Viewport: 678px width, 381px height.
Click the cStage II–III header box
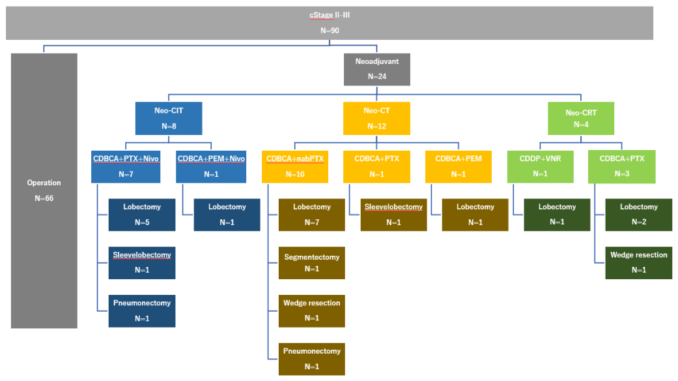click(330, 23)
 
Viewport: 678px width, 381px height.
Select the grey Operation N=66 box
click(44, 190)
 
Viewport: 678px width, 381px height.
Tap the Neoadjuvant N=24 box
click(377, 69)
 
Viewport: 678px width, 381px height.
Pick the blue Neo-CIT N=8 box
click(169, 118)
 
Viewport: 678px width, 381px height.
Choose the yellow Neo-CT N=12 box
click(376, 118)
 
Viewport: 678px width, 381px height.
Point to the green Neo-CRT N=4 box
click(581, 118)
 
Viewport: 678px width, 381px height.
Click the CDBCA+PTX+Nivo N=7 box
click(126, 167)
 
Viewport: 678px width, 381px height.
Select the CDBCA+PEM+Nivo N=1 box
click(211, 167)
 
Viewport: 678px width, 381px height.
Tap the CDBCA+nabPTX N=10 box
click(295, 167)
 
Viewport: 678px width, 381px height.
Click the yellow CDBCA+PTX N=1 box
click(376, 167)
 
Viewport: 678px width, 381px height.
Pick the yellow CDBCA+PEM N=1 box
click(459, 167)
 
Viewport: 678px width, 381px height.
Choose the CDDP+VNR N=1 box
click(541, 167)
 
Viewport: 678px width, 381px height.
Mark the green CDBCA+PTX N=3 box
click(622, 167)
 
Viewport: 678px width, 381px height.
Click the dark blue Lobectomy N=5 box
click(142, 215)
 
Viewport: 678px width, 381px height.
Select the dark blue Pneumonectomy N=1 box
click(142, 311)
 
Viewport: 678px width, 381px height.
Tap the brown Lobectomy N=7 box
click(312, 215)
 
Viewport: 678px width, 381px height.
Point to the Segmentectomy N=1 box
click(312, 263)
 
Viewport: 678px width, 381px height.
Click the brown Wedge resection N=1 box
click(312, 311)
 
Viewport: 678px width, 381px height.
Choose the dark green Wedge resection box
click(639, 263)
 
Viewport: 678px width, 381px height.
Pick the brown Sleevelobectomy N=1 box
click(393, 215)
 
